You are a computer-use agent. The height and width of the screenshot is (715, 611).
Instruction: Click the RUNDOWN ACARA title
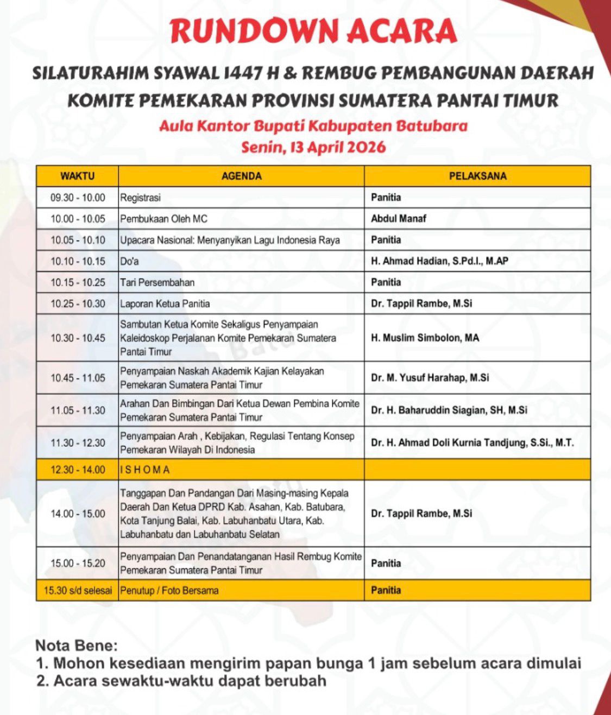[x=313, y=31]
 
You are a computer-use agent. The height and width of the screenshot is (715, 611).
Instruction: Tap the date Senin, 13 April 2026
[x=313, y=147]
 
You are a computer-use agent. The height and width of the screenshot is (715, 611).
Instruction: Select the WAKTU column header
[x=77, y=176]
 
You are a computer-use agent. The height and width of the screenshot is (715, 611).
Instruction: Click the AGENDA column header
[x=241, y=176]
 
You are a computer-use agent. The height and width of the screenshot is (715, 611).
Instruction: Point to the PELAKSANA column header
[x=477, y=176]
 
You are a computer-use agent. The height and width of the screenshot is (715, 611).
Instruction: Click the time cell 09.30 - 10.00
[x=78, y=198]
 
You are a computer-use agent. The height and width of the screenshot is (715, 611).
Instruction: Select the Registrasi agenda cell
[x=141, y=198]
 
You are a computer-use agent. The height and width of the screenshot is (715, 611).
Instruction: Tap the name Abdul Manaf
[x=399, y=219]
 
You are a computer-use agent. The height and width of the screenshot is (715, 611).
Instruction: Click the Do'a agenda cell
[x=130, y=261]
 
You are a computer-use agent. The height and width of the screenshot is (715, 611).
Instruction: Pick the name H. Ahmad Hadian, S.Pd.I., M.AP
[x=439, y=261]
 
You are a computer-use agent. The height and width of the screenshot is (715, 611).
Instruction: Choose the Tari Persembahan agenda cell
[x=158, y=282]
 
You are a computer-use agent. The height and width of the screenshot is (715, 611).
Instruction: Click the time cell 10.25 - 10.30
[x=78, y=303]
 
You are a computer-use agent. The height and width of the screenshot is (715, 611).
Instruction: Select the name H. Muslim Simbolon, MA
[x=425, y=338]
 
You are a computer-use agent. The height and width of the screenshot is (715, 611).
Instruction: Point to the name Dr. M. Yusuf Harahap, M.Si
[x=430, y=377]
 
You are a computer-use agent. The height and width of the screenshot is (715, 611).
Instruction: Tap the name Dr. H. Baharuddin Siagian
[x=449, y=410]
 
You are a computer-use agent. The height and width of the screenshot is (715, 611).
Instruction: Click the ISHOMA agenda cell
[x=145, y=470]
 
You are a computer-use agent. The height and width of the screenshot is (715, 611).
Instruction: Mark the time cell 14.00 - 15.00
[x=78, y=514]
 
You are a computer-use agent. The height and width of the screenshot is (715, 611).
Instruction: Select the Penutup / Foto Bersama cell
[x=169, y=590]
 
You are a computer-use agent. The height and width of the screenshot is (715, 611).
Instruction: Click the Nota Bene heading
[x=76, y=646]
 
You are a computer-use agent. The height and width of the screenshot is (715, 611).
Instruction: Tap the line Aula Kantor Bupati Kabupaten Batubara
[x=313, y=126]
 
